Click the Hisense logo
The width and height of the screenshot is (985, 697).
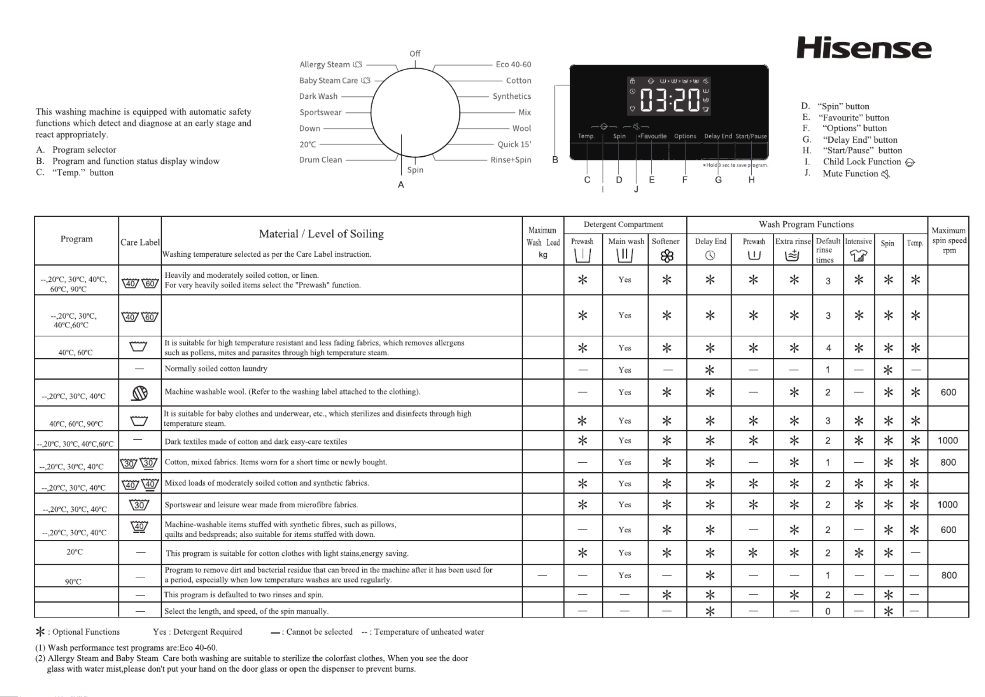864,48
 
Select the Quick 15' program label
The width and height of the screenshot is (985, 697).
514,144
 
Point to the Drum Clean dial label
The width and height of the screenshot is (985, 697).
321,160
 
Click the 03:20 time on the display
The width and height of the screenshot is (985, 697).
669,100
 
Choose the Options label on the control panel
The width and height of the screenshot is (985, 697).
685,136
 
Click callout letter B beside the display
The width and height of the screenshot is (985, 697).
555,160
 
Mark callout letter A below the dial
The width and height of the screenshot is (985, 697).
401,185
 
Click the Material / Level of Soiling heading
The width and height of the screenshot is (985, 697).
321,234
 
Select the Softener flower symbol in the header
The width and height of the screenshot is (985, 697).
667,256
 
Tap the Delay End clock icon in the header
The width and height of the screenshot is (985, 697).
710,255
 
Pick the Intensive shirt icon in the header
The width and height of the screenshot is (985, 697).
858,255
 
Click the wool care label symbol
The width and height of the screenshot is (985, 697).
139,393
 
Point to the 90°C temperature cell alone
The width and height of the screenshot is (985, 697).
73,582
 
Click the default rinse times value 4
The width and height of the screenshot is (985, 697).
828,348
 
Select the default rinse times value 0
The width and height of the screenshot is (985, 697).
828,611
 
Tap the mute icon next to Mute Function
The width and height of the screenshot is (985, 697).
886,174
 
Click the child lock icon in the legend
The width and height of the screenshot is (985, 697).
910,162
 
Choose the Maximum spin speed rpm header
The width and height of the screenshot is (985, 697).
949,240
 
